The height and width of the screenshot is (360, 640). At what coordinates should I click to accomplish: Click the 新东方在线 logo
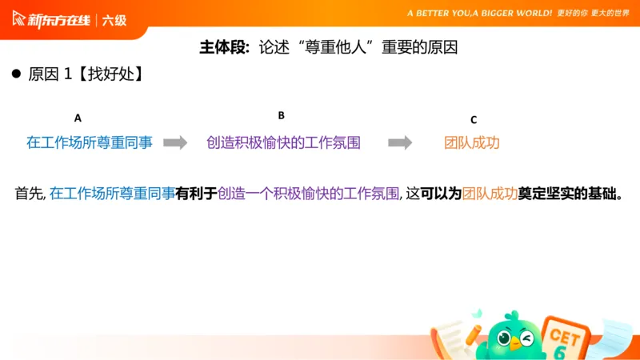(52, 19)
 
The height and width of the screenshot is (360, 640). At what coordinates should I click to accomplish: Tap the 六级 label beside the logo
(114, 20)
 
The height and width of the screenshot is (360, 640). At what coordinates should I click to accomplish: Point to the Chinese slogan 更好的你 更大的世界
(594, 14)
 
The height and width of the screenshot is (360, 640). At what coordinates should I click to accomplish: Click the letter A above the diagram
(78, 118)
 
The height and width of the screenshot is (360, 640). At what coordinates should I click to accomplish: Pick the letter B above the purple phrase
(281, 115)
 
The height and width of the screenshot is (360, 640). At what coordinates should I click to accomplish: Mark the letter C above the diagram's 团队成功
(473, 120)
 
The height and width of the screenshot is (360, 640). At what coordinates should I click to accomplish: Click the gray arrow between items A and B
(175, 142)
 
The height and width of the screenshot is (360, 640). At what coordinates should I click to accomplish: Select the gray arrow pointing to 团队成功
(400, 142)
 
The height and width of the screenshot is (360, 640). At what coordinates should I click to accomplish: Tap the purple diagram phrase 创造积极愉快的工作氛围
(283, 142)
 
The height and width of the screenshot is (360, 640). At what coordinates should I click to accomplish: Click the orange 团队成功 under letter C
(472, 142)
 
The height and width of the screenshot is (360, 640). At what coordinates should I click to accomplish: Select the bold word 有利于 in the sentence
(196, 194)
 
